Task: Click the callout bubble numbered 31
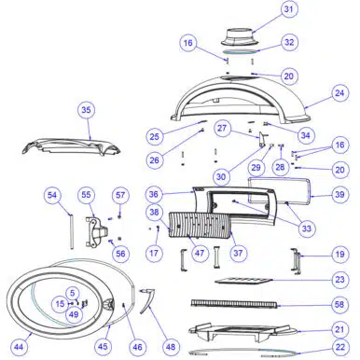[x=289, y=9]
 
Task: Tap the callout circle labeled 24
[x=339, y=93]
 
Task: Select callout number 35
[x=87, y=110]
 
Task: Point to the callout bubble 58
[x=339, y=304]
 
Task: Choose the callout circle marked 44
[x=19, y=346]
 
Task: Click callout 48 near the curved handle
[x=171, y=346]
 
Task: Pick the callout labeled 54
[x=52, y=195]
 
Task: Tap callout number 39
[x=339, y=195]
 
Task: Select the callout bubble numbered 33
[x=307, y=228]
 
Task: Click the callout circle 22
[x=340, y=347]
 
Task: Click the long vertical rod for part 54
[x=72, y=231]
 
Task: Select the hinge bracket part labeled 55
[x=96, y=232]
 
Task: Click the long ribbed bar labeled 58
[x=233, y=303]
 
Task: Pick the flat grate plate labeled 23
[x=243, y=281]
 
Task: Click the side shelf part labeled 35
[x=71, y=146]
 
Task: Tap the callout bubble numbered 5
[x=73, y=293]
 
